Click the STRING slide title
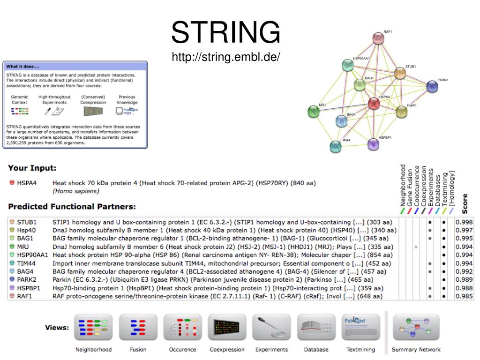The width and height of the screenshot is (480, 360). [225, 33]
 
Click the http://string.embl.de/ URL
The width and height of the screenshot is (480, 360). [225, 57]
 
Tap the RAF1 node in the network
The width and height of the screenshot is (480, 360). [378, 38]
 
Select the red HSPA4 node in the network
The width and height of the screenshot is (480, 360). [374, 103]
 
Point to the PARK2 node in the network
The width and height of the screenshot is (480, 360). [432, 86]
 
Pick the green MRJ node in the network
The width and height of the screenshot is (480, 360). [313, 112]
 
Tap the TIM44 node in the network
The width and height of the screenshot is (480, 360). [335, 147]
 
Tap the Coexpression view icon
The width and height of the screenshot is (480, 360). [227, 327]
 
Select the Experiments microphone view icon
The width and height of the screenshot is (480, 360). [271, 327]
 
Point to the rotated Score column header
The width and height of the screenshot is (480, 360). [465, 202]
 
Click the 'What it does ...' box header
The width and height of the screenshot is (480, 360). [23, 66]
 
